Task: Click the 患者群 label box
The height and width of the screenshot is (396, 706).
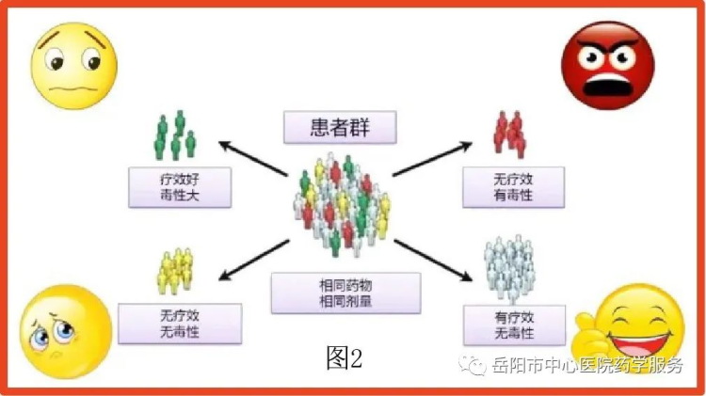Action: pos(340,127)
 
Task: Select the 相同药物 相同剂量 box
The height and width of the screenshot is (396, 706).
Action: pos(345,293)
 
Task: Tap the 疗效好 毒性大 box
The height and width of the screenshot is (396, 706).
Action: pos(180,187)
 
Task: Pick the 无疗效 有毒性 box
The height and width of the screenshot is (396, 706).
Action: pos(513,187)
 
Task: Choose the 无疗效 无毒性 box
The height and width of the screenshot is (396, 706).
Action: pos(180,324)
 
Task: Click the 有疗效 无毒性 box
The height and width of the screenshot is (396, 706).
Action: pos(514,325)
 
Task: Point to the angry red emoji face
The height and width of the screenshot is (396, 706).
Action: pos(608,65)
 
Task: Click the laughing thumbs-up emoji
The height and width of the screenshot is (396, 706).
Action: pos(630,327)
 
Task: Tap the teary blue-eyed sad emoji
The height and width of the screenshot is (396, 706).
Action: pos(66,331)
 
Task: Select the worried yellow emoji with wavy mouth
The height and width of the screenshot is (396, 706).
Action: pos(73,66)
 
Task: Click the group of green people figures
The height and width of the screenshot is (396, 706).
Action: pos(175,135)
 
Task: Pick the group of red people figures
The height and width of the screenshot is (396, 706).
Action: pos(509,135)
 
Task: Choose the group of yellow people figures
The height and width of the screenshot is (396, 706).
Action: pos(175,271)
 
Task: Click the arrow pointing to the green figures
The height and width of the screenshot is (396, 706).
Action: pos(253,158)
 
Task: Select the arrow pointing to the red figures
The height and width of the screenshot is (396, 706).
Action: pos(432,158)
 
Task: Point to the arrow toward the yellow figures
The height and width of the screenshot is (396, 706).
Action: pos(254,261)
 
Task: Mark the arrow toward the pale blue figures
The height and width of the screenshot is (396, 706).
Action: pos(433,261)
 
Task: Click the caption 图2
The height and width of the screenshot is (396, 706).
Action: pos(345,358)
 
